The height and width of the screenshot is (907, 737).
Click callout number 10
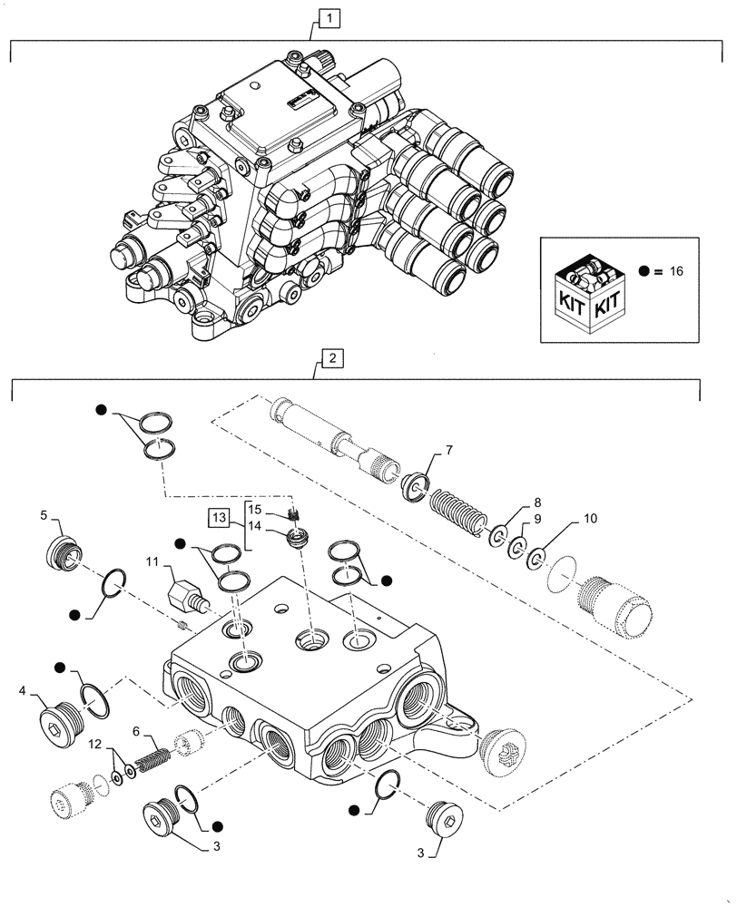pos(590,520)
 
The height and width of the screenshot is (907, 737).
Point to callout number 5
pos(44,516)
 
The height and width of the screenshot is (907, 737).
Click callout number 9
pos(537,519)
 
